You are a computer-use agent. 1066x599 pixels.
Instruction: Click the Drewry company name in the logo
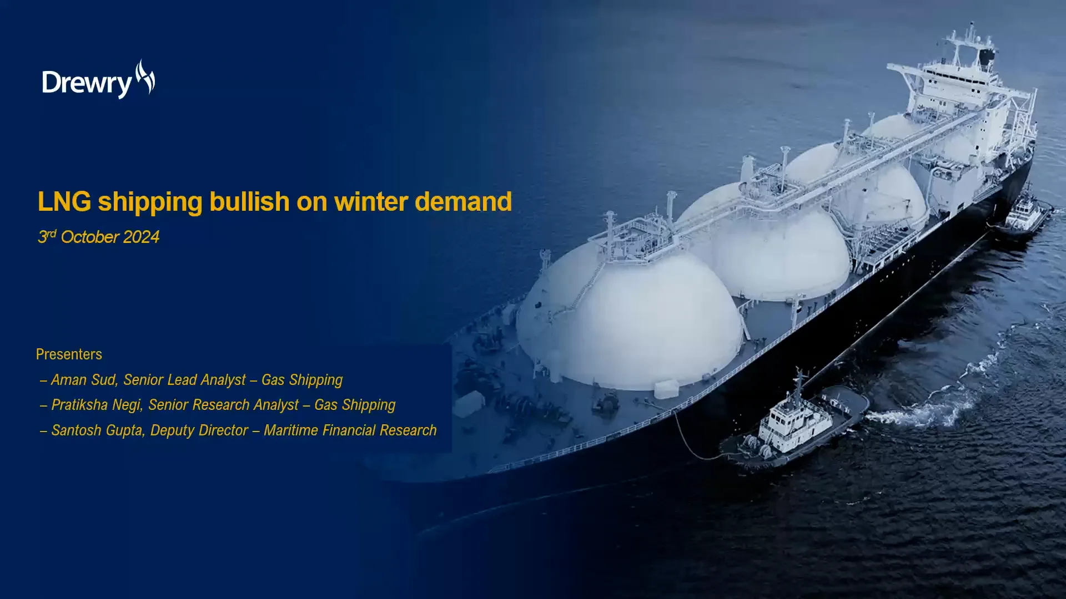click(x=86, y=84)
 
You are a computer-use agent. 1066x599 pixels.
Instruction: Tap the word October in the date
click(x=89, y=237)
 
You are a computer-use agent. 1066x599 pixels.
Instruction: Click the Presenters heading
click(x=69, y=354)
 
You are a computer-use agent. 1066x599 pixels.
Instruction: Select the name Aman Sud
click(x=84, y=380)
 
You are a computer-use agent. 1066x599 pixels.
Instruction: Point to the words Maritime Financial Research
click(x=350, y=430)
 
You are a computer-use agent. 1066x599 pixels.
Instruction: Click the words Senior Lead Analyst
click(x=184, y=380)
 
